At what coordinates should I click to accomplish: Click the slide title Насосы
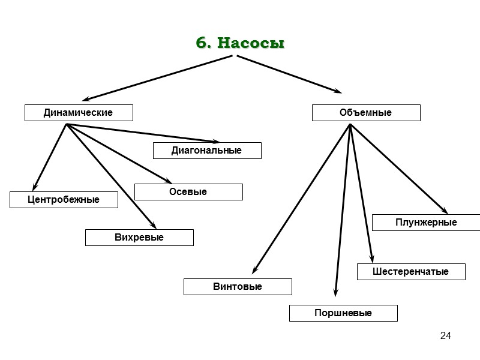[250, 44]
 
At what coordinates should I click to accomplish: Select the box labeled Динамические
[78, 113]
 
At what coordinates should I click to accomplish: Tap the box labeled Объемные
[365, 113]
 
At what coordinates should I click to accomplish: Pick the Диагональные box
[207, 151]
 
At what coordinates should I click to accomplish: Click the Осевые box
[188, 192]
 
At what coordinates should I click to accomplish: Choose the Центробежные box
[64, 200]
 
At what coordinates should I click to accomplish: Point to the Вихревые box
[139, 238]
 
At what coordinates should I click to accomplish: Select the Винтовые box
[238, 287]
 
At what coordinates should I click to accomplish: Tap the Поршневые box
[343, 313]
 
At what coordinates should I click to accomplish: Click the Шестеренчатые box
[411, 272]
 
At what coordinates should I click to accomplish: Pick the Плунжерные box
[426, 223]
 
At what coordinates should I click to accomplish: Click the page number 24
[445, 335]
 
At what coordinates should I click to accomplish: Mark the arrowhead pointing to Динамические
[86, 98]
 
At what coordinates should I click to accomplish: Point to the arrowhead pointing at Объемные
[338, 92]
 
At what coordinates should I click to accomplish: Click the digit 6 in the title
[201, 44]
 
